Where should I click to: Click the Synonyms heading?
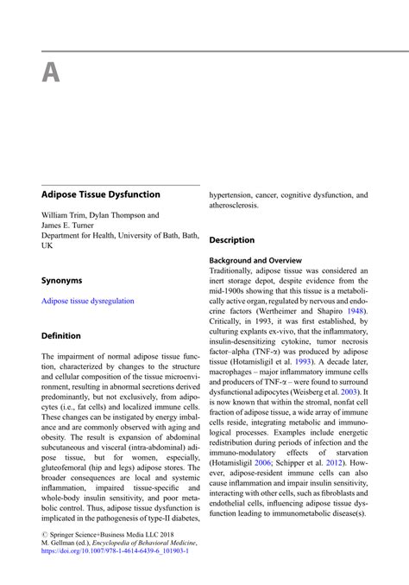[62, 281]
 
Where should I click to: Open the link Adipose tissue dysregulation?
[88, 301]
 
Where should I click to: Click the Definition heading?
[61, 335]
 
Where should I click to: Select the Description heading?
[232, 239]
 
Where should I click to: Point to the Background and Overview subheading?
[255, 260]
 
